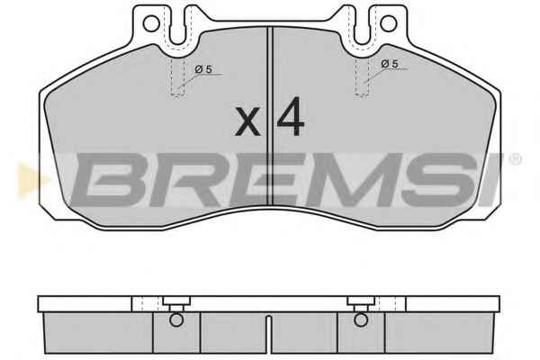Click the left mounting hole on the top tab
pyautogui.click(x=151, y=24)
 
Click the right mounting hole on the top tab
pyautogui.click(x=388, y=23)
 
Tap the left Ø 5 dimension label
pyautogui.click(x=203, y=69)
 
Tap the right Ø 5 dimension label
pyautogui.click(x=390, y=64)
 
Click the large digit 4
pyautogui.click(x=291, y=116)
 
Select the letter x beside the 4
pyautogui.click(x=247, y=121)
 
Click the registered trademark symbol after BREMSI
pyautogui.click(x=515, y=159)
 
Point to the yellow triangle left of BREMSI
pyautogui.click(x=31, y=179)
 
